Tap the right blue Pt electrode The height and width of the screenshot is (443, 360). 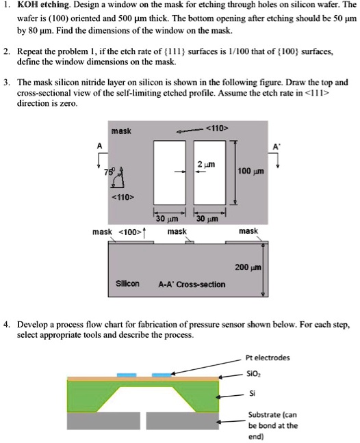click(162, 375)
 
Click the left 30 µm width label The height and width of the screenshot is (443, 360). click(166, 219)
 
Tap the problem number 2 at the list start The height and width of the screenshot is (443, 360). click(6, 51)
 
